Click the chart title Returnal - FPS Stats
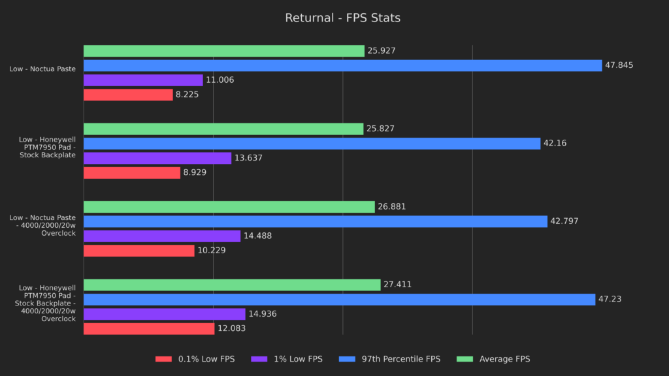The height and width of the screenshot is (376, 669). [342, 18]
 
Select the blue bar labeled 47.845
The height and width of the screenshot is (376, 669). [342, 65]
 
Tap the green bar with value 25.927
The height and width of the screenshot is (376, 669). [223, 51]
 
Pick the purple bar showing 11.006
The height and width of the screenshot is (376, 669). [143, 80]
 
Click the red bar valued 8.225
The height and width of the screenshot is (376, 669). [128, 95]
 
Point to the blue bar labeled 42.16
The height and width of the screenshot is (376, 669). [312, 144]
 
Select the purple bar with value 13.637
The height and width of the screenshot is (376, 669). [157, 158]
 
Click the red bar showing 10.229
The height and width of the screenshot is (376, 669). [139, 251]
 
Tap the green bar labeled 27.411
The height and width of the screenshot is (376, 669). [232, 285]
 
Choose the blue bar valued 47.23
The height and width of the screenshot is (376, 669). [339, 299]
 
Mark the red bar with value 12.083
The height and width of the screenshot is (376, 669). [149, 328]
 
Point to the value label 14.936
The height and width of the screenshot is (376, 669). [263, 314]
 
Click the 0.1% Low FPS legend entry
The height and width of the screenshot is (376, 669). [195, 359]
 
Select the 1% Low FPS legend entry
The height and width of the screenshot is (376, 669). [293, 359]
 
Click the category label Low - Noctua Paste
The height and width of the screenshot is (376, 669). [42, 69]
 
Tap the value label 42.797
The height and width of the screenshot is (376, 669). [564, 221]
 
